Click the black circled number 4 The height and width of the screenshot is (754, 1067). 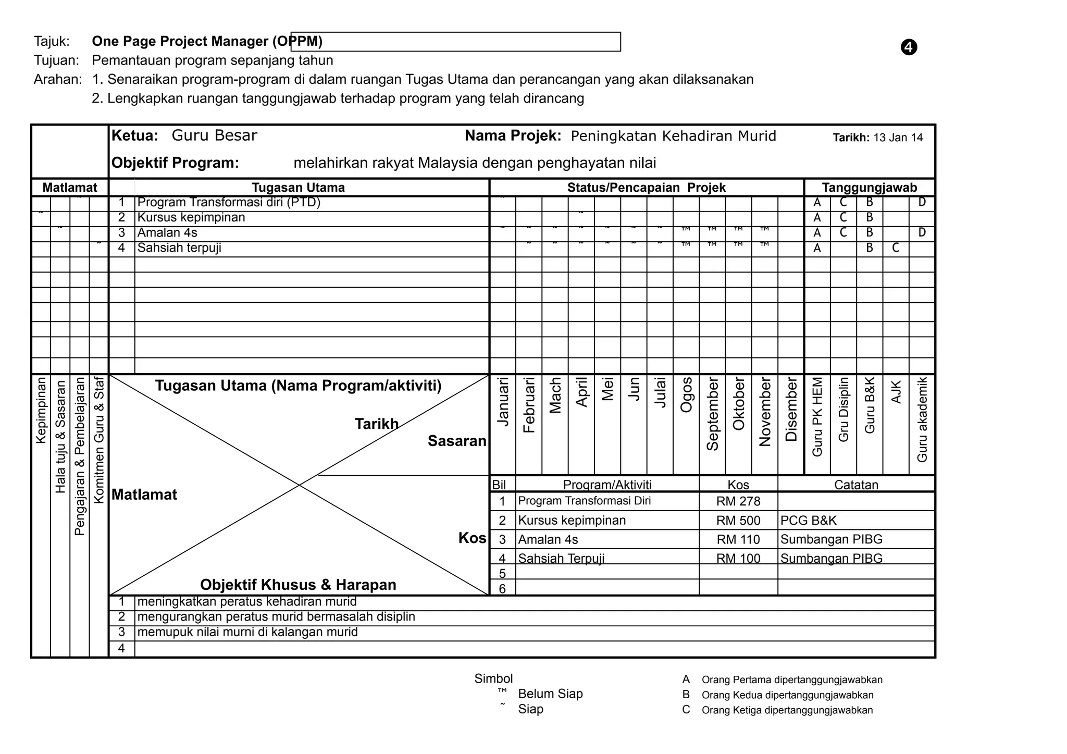point(909,47)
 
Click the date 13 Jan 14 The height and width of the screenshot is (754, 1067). point(898,138)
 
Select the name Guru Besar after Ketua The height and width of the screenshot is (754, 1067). point(214,135)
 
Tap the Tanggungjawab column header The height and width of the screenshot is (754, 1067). point(869,188)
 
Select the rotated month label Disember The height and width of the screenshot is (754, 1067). point(791,410)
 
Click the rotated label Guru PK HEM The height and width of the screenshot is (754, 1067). point(817,417)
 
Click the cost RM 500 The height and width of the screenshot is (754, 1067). point(738,521)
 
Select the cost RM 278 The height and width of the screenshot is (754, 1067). point(738,501)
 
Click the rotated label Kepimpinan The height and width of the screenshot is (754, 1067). point(41,411)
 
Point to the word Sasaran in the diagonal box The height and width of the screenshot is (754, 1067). point(456,441)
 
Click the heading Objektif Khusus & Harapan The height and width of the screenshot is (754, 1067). point(298,585)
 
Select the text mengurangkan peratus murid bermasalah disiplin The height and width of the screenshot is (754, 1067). point(276,617)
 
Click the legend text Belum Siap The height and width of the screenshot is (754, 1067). point(550,694)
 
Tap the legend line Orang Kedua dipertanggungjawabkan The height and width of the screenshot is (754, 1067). point(787,695)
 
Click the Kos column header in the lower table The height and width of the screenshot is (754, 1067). point(738,485)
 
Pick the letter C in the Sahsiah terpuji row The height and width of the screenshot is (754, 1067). point(895,248)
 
